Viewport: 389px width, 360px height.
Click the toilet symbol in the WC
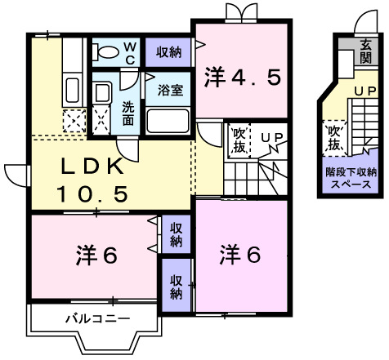click(106, 51)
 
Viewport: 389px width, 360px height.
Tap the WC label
click(130, 52)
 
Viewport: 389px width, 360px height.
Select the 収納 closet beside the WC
click(169, 51)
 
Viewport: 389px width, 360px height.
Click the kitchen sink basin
click(71, 90)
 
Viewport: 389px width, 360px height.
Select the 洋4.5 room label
click(243, 78)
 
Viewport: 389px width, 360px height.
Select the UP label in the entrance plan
click(364, 90)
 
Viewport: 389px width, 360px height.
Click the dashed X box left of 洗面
click(102, 121)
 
